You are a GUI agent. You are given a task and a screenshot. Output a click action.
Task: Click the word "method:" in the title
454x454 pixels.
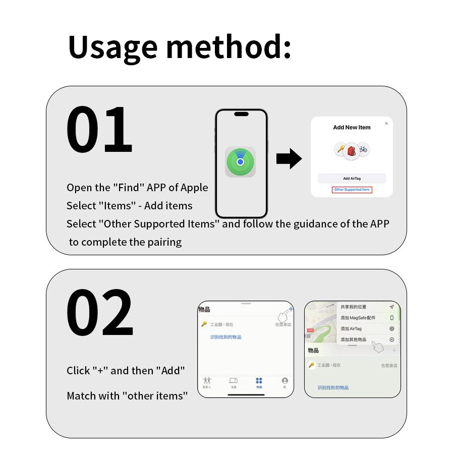point(229,47)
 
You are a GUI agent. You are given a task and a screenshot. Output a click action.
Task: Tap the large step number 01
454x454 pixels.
point(99,130)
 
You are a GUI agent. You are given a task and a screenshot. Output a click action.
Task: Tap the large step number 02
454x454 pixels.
point(99,313)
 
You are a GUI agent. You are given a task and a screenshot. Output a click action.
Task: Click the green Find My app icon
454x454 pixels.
point(241,162)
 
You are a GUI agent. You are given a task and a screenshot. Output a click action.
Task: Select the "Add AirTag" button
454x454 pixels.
point(352,179)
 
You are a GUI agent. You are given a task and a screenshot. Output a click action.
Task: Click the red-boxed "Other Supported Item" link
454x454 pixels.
point(352,190)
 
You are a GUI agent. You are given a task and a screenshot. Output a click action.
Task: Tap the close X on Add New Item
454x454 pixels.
point(386,124)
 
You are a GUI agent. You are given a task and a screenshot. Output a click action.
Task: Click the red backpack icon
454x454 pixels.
point(351,150)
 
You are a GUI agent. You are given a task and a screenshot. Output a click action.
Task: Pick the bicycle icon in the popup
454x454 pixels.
point(363,149)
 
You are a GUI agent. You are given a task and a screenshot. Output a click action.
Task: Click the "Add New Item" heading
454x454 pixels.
point(352,128)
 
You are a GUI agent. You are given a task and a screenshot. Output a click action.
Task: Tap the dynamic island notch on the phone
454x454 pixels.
point(241,115)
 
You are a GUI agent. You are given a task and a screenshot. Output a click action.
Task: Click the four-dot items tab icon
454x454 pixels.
point(259,381)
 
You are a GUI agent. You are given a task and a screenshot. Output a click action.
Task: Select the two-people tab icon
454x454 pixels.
point(207,381)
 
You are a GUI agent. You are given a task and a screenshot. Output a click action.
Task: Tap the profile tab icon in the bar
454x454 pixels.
point(285,381)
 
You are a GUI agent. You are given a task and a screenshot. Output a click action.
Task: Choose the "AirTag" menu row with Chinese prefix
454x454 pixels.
point(352,329)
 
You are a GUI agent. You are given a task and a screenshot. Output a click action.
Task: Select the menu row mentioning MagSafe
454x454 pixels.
point(358,318)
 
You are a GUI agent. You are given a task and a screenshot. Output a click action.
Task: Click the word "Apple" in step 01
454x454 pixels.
point(194,188)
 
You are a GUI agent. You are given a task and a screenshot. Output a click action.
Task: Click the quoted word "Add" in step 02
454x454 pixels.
point(173,371)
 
